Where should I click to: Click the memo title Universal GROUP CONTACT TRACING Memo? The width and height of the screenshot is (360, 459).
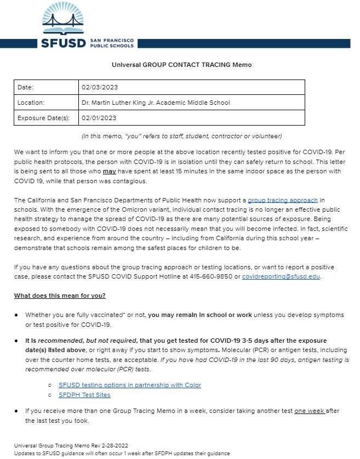[x=181, y=65]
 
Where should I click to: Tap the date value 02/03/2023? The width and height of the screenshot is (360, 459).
[x=99, y=87]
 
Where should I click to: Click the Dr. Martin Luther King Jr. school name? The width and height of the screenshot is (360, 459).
[x=156, y=103]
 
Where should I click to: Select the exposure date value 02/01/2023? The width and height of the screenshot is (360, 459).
[x=99, y=117]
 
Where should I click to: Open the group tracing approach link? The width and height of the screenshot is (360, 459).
[x=278, y=201]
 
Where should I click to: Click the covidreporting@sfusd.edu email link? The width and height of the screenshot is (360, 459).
[x=281, y=276]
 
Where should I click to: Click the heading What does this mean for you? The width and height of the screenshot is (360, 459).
[x=60, y=296]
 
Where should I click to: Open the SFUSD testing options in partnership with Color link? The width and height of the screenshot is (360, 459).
[x=130, y=385]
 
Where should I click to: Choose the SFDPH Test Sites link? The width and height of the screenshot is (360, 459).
[x=84, y=395]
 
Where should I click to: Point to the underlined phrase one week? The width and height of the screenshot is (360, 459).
[x=309, y=411]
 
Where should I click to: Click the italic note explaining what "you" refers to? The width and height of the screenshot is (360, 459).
[x=181, y=136]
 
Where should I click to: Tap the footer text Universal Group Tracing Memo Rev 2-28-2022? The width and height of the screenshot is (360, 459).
[x=71, y=445]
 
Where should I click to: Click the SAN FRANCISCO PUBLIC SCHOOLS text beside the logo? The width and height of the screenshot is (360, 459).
[x=112, y=43]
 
